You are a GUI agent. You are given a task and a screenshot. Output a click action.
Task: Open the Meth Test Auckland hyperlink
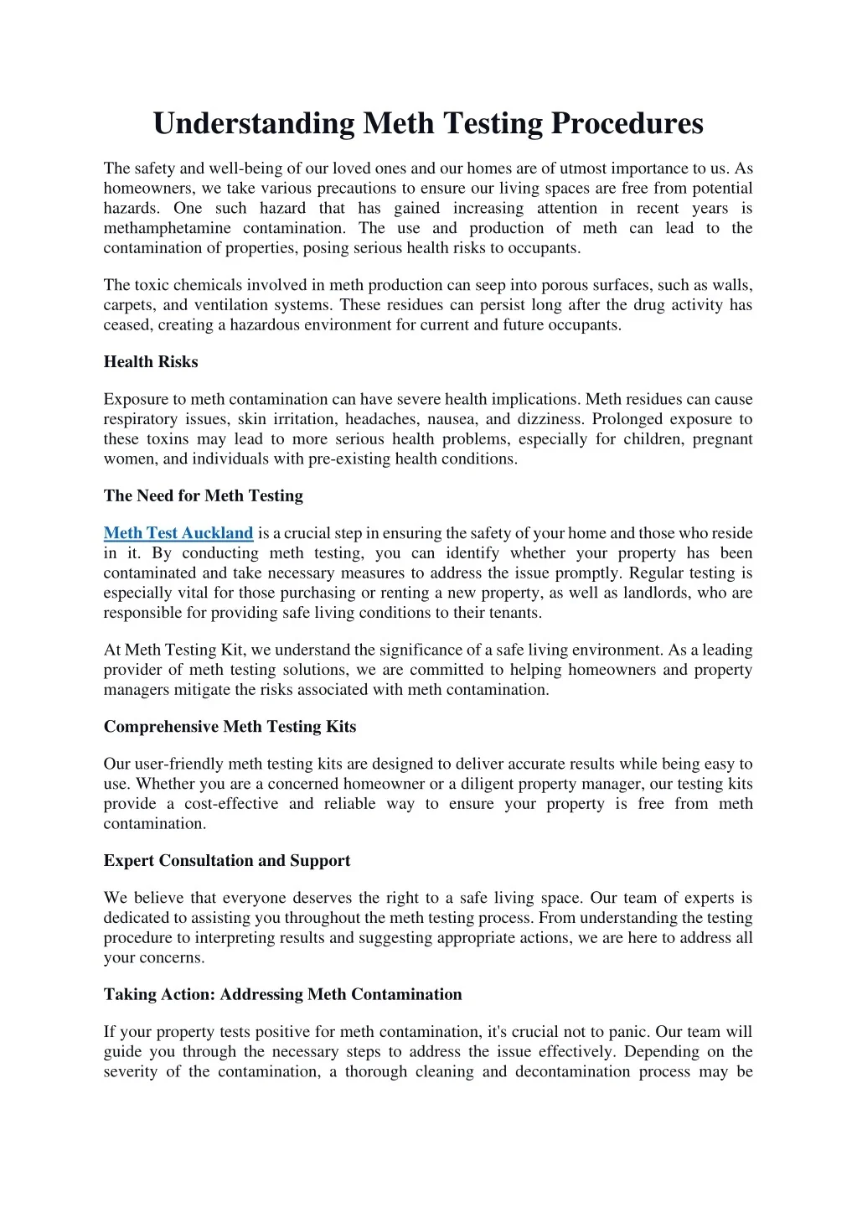(178, 533)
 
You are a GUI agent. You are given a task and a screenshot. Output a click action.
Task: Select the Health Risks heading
(151, 362)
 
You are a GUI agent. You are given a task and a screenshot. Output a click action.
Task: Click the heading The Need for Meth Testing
(204, 495)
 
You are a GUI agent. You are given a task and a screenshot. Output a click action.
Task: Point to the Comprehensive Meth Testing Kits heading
(230, 727)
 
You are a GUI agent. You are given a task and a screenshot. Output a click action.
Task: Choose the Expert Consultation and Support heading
(227, 861)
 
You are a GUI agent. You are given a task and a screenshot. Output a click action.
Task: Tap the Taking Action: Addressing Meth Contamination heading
(282, 995)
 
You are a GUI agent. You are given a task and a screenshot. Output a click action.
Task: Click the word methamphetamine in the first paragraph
(167, 228)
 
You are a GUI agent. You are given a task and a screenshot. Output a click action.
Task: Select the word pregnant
(722, 439)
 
